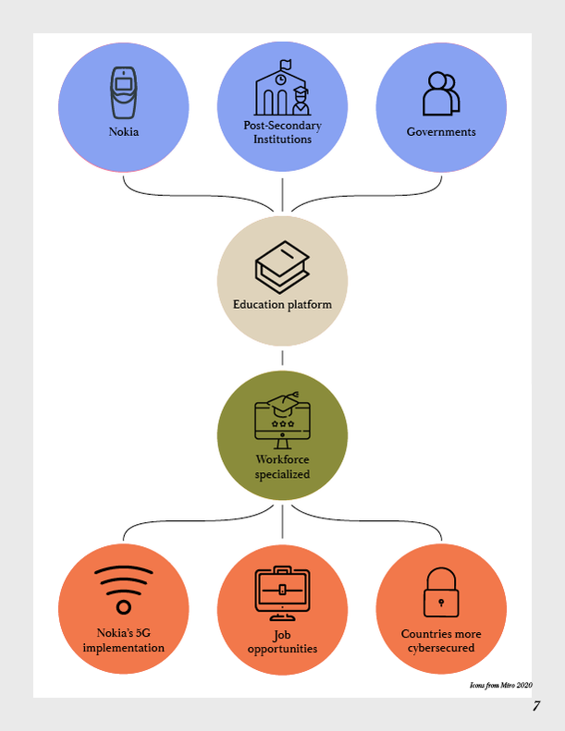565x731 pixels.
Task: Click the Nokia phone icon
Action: click(x=124, y=92)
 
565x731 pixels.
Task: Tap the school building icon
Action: click(x=282, y=88)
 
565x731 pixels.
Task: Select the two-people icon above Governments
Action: click(x=441, y=93)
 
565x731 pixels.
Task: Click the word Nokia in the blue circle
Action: click(x=124, y=132)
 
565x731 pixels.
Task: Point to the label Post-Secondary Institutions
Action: click(x=282, y=132)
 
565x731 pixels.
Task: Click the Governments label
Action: click(x=441, y=132)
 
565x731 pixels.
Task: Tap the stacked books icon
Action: click(x=282, y=267)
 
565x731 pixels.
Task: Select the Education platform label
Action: click(x=282, y=304)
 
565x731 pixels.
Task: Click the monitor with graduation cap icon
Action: click(x=282, y=420)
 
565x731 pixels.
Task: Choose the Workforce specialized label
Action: click(x=282, y=467)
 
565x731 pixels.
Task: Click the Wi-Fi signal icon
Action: click(x=124, y=590)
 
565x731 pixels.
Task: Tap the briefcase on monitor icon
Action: click(x=282, y=593)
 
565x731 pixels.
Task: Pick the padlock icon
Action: click(x=441, y=592)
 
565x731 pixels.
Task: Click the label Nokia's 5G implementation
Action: click(x=124, y=640)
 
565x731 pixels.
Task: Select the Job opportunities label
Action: click(x=282, y=642)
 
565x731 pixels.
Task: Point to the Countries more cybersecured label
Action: click(x=441, y=641)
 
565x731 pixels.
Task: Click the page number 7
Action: click(x=536, y=706)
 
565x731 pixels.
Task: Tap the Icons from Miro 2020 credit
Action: click(x=500, y=685)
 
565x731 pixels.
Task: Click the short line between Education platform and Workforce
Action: click(x=282, y=358)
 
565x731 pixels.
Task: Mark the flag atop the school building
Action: click(x=285, y=64)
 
